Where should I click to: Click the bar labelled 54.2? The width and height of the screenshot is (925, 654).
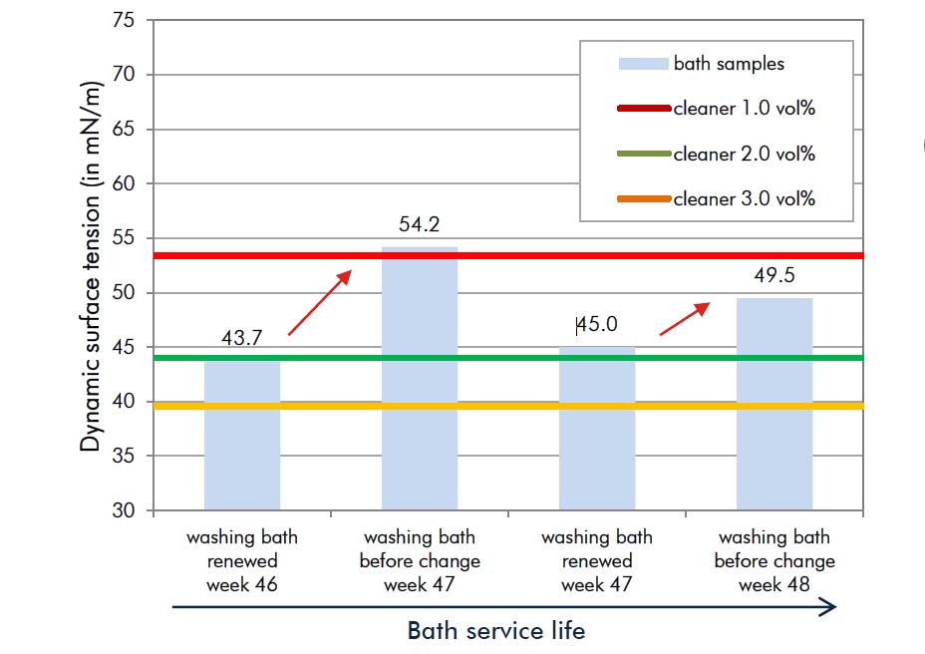click(x=420, y=379)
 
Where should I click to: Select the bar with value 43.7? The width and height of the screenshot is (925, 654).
click(x=242, y=434)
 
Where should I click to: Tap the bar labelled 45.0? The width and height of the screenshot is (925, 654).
click(x=597, y=429)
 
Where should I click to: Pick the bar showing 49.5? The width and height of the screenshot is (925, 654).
click(x=774, y=404)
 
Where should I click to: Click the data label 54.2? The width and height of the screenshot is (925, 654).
click(x=420, y=227)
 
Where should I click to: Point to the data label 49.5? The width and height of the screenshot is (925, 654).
click(x=774, y=276)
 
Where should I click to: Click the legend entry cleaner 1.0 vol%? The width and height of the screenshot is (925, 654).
click(x=744, y=108)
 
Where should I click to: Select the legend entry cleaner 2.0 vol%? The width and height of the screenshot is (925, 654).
click(x=744, y=154)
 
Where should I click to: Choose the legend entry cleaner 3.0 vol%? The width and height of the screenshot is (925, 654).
click(x=744, y=199)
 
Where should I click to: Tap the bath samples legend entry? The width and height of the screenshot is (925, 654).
click(x=729, y=64)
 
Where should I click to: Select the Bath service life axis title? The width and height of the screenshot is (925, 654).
click(x=495, y=631)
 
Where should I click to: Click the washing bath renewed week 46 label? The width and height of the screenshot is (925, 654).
click(x=242, y=561)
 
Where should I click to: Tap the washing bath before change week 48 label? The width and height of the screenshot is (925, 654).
click(x=774, y=561)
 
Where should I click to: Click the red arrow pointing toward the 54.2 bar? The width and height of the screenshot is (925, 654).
click(x=320, y=301)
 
